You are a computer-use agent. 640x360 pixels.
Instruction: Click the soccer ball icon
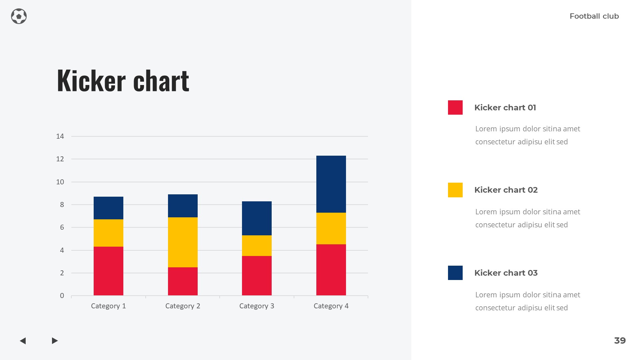pos(19,16)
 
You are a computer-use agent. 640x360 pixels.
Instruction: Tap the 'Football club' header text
pos(594,16)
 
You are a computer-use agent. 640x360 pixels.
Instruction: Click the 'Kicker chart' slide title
pos(123,80)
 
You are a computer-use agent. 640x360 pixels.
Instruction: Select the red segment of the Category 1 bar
pos(108,271)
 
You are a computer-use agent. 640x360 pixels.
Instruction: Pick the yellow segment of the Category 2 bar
pos(183,242)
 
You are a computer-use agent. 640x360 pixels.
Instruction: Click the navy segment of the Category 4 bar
pos(331,184)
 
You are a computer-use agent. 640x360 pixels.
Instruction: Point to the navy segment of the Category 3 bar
pos(257,218)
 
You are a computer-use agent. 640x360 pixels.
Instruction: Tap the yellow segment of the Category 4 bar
pos(331,228)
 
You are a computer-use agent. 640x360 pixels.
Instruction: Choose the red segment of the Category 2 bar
pos(183,281)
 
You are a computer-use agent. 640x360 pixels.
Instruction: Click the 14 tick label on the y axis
pos(60,136)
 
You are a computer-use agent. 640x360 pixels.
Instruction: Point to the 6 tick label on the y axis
pos(62,227)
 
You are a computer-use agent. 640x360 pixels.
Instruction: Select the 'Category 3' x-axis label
pos(257,306)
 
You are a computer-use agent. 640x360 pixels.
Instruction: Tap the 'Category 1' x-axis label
pos(108,306)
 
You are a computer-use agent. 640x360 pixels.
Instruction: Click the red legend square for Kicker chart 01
pos(455,107)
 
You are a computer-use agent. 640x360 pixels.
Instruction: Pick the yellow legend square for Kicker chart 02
pos(455,190)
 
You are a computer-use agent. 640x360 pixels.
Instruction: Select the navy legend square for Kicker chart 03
pos(455,273)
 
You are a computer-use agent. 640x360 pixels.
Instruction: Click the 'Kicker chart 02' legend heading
pos(506,190)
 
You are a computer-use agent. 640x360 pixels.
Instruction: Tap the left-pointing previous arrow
pos(23,341)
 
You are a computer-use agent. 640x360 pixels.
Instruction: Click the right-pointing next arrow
pos(55,341)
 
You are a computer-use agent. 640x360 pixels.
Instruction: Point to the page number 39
pos(620,341)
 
